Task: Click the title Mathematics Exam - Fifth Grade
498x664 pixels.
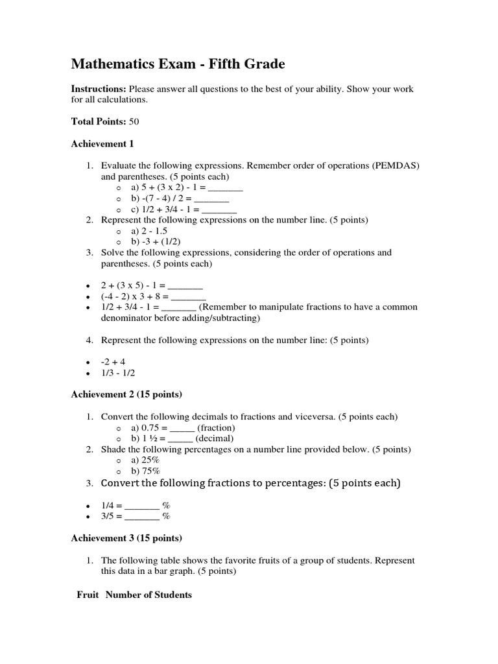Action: coord(178,64)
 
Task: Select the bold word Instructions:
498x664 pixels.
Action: coord(98,89)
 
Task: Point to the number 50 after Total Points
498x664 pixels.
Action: coord(134,121)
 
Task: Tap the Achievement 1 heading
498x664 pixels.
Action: coord(102,143)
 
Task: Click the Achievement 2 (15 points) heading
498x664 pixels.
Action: coord(126,394)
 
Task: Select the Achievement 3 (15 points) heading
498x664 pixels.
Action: coord(126,538)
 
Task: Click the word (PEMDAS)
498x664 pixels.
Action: coord(396,165)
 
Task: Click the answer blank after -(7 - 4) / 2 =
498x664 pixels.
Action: coord(211,198)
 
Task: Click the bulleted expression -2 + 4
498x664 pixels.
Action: coord(113,362)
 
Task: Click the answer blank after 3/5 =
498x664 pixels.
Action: coord(142,517)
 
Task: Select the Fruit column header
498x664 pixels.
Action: coord(88,595)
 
